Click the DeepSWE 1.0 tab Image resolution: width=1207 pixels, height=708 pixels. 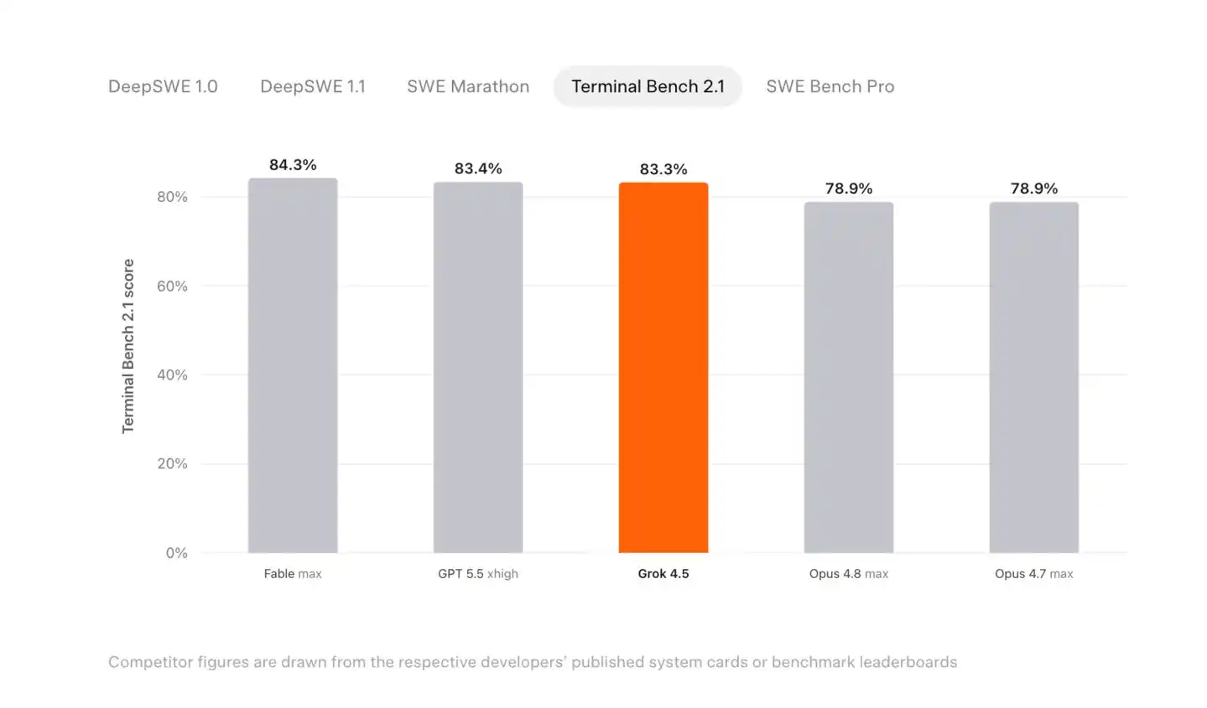[163, 86]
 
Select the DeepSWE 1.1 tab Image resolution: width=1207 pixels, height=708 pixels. [313, 86]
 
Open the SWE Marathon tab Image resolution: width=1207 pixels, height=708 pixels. [468, 86]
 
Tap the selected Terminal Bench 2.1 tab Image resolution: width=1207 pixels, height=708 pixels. [648, 86]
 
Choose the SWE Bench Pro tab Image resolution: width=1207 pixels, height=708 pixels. [830, 86]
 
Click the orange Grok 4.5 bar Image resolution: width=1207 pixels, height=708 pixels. [663, 367]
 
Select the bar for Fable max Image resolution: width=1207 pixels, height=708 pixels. [293, 365]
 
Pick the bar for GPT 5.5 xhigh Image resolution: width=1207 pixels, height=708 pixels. [478, 367]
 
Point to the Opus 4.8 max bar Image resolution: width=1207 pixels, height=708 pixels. [849, 377]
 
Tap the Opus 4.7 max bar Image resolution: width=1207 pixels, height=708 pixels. [1034, 377]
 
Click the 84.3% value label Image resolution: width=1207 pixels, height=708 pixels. [293, 165]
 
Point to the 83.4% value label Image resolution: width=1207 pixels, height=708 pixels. [478, 168]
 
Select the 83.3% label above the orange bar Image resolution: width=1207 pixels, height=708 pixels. [663, 169]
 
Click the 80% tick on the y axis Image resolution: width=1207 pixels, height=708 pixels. [173, 197]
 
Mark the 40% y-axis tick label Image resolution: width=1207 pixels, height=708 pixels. [173, 375]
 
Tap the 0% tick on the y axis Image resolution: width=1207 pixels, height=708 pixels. [177, 553]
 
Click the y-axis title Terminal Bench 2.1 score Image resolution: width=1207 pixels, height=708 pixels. [127, 346]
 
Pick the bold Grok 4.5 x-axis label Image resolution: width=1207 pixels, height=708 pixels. [663, 573]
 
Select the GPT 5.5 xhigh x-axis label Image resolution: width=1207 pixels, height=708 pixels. [478, 574]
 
